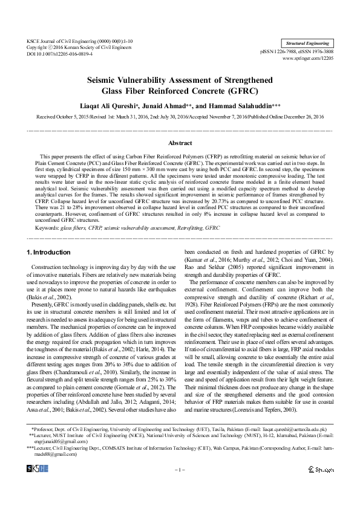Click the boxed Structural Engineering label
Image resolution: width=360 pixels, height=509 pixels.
point(308,44)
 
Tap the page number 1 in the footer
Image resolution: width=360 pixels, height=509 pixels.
point(180,470)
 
